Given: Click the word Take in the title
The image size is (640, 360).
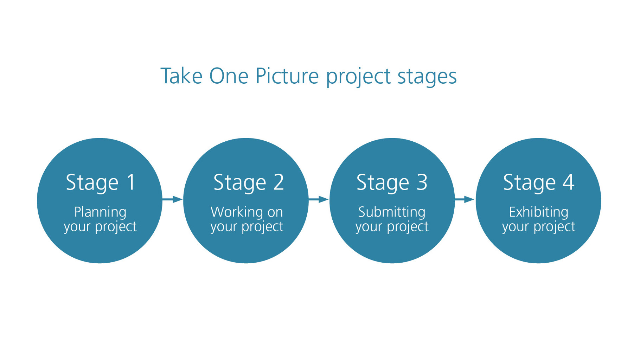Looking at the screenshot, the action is [x=181, y=76].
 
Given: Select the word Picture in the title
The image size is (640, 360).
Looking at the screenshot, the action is [x=287, y=76].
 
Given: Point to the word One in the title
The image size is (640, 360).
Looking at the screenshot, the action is [x=229, y=76].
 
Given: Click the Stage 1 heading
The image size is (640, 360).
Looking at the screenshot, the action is [x=101, y=182].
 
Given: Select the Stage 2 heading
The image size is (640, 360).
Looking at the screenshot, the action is [x=249, y=182].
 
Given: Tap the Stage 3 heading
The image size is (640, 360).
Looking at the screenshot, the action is [x=392, y=182].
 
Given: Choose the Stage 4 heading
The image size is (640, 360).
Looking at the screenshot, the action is [x=538, y=182].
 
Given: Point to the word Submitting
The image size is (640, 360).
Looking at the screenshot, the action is [x=392, y=212].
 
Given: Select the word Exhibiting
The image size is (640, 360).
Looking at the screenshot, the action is [x=538, y=212].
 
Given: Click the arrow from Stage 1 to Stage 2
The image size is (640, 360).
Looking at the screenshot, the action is [x=172, y=200].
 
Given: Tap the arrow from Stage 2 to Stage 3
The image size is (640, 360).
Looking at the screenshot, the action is [x=319, y=200].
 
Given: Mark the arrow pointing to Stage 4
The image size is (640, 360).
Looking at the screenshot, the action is [x=465, y=200].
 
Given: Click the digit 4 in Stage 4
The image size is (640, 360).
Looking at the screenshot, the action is [x=568, y=182].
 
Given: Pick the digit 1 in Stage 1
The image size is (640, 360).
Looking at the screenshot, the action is [x=132, y=182].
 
